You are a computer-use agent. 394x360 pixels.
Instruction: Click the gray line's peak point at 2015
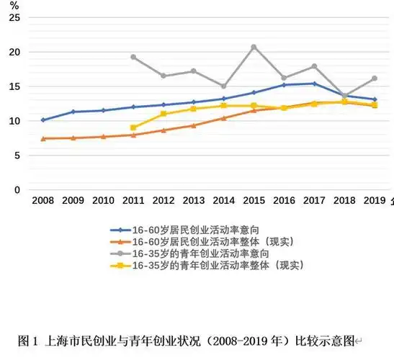pyautogui.click(x=254, y=47)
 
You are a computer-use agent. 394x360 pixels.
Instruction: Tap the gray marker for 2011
pyautogui.click(x=133, y=57)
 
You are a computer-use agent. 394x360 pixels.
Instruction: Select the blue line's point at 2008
pyautogui.click(x=43, y=120)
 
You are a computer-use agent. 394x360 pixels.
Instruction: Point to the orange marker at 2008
pyautogui.click(x=43, y=138)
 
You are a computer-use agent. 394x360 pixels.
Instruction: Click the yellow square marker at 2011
pyautogui.click(x=133, y=127)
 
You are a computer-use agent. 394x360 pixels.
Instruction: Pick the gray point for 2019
pyautogui.click(x=374, y=78)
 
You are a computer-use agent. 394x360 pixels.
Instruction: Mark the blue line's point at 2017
pyautogui.click(x=314, y=84)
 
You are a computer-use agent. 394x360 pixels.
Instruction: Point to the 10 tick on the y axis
pyautogui.click(x=15, y=121)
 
